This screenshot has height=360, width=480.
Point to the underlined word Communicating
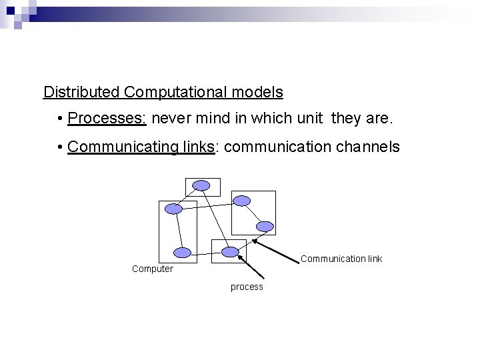click(x=123, y=146)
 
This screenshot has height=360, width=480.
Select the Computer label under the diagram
click(x=152, y=269)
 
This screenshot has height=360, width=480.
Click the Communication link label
click(x=341, y=259)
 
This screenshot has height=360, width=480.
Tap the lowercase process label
click(x=247, y=287)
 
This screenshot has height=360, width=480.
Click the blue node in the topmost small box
click(x=200, y=185)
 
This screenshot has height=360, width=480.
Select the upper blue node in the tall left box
click(x=173, y=208)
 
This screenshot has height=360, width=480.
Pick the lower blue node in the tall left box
click(x=182, y=252)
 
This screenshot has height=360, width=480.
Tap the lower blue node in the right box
click(x=265, y=226)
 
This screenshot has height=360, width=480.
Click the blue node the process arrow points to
click(x=230, y=252)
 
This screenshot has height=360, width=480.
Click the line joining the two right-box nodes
click(x=254, y=213)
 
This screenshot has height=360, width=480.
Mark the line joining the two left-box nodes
click(x=177, y=230)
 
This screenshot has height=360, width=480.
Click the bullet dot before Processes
click(x=60, y=119)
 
